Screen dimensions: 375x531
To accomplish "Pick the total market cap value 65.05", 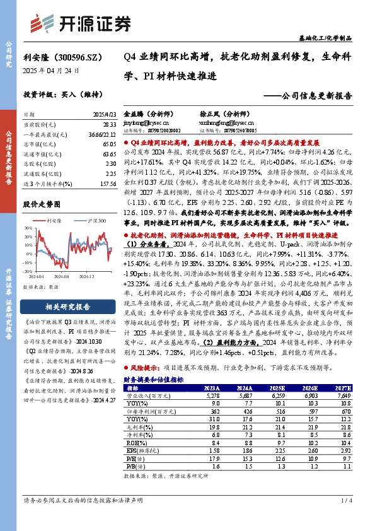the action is click(108, 144).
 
